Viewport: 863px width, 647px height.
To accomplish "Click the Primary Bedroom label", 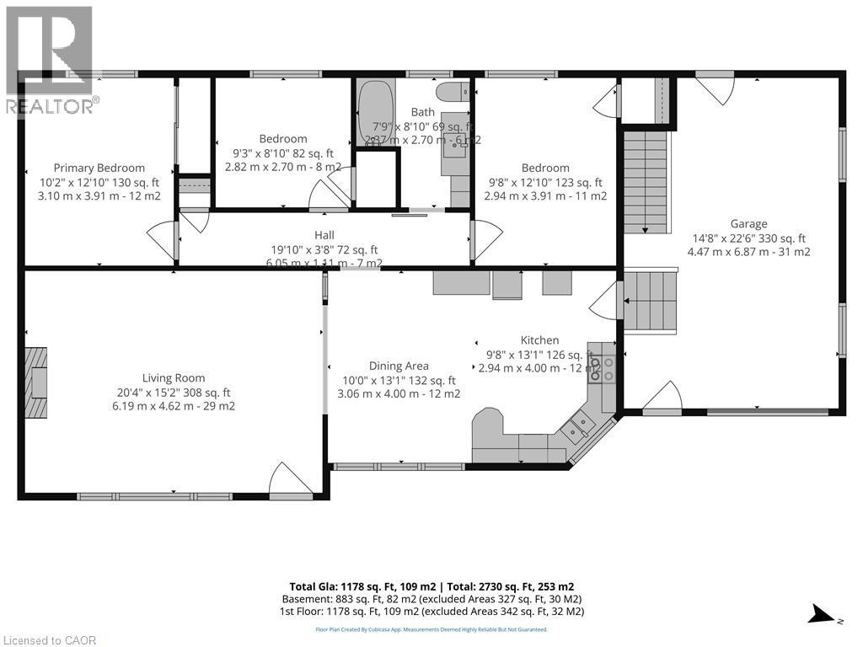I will (99, 168).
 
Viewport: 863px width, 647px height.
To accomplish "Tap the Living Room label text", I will (173, 378).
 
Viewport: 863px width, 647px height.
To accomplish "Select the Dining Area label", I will (399, 366).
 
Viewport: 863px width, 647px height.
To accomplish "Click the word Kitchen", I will (539, 340).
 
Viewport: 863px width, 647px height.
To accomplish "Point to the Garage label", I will (748, 223).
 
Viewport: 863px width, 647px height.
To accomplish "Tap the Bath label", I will (422, 112).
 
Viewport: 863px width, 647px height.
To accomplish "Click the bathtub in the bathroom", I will (370, 112).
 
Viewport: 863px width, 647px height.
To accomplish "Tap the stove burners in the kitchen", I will (595, 368).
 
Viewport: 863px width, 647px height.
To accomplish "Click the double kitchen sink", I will (576, 428).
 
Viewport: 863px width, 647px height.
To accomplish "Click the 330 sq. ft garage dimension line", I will (748, 238).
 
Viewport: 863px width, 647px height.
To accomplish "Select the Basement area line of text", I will (431, 599).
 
